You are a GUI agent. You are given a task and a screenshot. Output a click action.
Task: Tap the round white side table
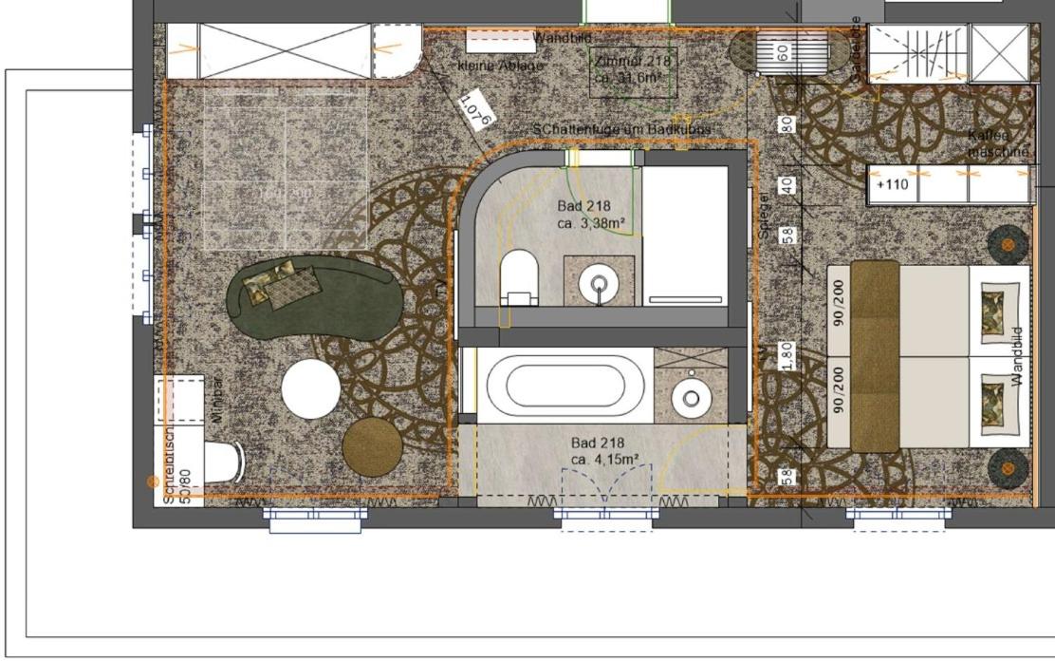point(310,389)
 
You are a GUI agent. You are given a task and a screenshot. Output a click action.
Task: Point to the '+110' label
point(892,184)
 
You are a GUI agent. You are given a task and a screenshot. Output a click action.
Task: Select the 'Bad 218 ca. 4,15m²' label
point(604,450)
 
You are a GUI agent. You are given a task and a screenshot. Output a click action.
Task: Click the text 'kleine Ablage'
point(501,66)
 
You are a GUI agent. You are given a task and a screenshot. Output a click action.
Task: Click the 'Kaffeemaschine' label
point(996,143)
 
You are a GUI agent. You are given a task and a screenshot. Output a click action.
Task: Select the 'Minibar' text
point(216,398)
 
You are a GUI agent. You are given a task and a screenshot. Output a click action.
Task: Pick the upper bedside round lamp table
point(1007,245)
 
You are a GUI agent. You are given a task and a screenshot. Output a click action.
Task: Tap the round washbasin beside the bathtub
point(692,397)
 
